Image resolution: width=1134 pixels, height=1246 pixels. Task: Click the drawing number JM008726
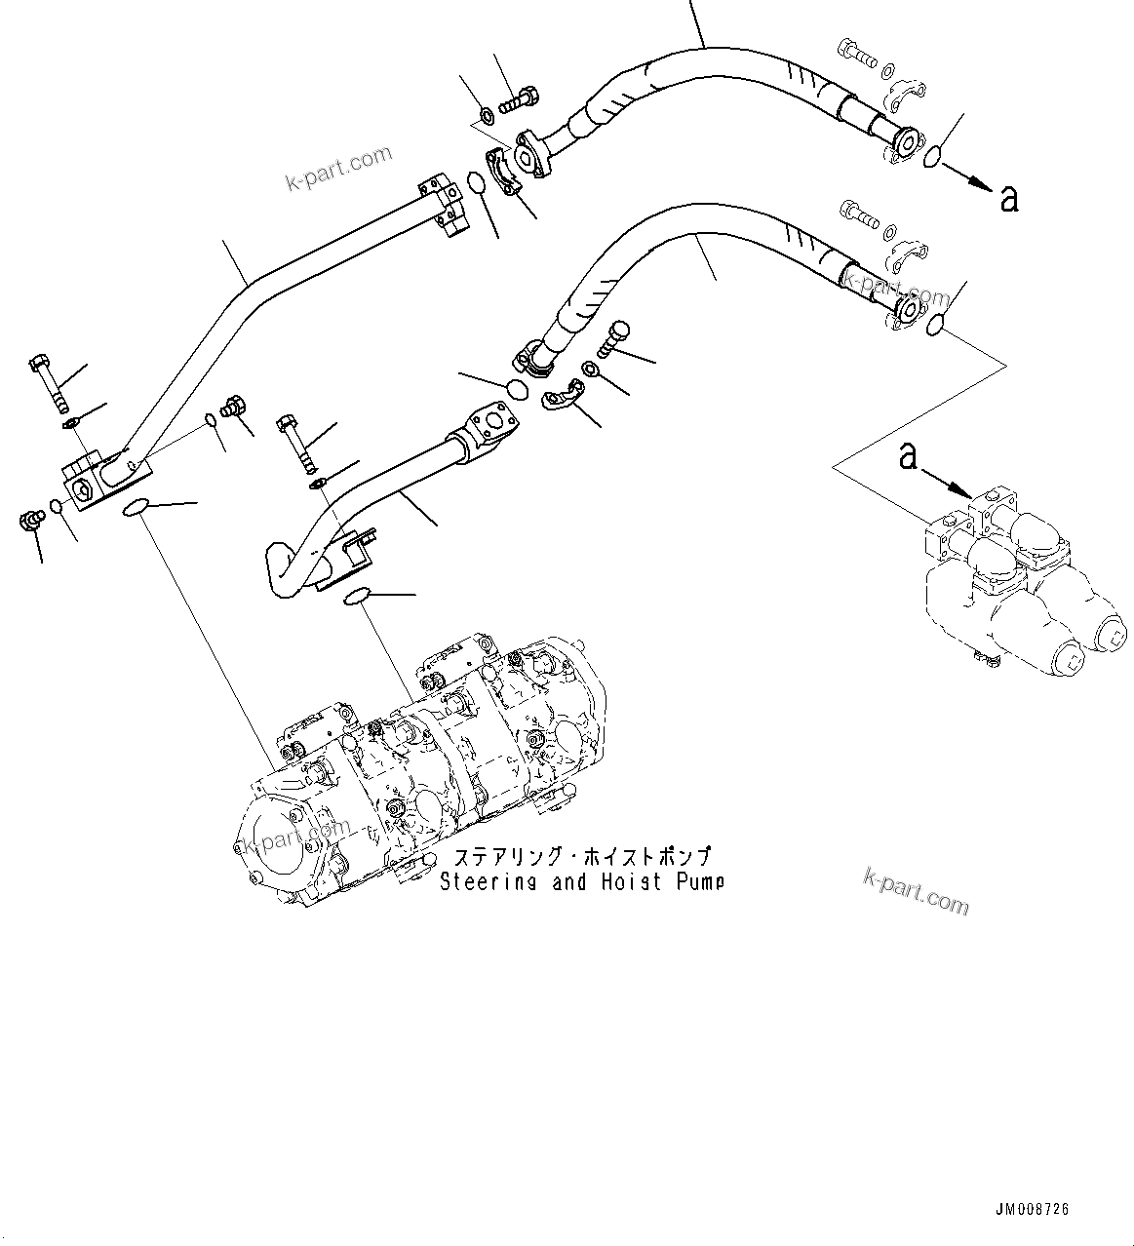tap(1032, 1209)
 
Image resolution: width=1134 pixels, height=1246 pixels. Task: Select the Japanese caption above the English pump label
tap(581, 858)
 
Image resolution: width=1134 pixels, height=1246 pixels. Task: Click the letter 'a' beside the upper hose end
tap(1009, 198)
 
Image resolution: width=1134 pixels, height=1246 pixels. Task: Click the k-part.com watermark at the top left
tap(338, 167)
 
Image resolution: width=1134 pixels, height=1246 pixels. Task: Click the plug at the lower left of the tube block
tap(31, 522)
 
